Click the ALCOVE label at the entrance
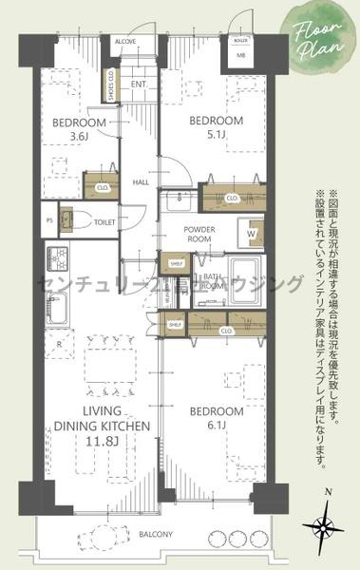pos(125,42)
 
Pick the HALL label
pos(141,181)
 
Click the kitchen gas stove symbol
pos(57,258)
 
